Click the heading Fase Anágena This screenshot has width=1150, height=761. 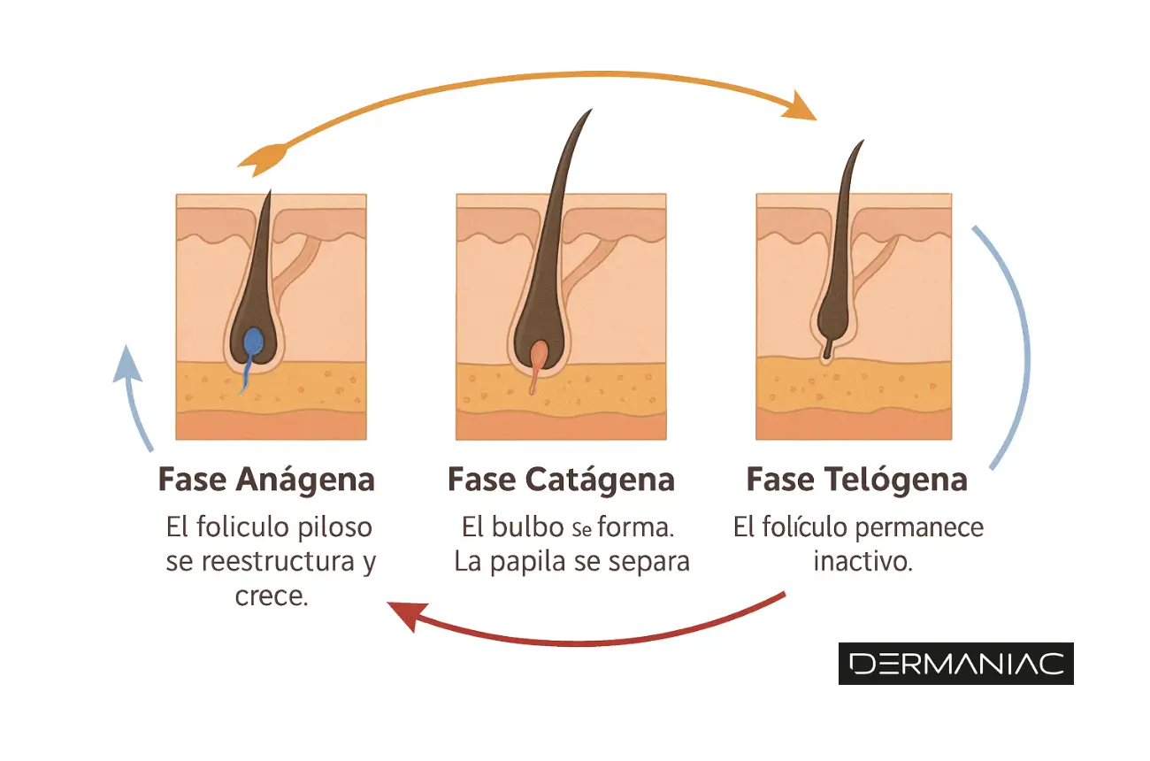tap(266, 480)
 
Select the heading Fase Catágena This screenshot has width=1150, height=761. tap(561, 480)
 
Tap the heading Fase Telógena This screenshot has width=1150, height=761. tap(856, 480)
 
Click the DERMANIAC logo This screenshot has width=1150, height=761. tap(955, 664)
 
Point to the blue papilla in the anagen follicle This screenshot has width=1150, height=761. tap(254, 342)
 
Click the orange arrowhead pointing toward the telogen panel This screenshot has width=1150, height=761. tap(803, 108)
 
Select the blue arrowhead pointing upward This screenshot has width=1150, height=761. tap(128, 363)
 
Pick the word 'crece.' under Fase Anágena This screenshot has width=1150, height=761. tap(272, 596)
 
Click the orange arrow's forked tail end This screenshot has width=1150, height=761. tap(257, 159)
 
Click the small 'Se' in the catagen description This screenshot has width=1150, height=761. tap(580, 530)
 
